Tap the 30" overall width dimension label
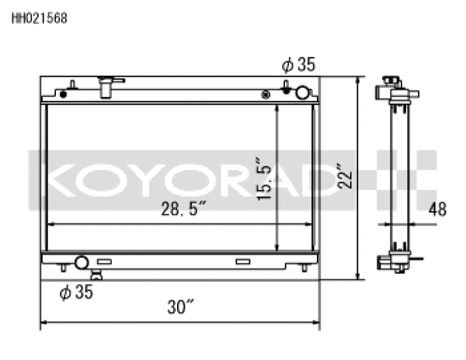coord(179,307)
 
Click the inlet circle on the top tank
coord(301,93)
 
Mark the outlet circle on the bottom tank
coord(81,262)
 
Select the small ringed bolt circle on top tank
coord(267,95)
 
